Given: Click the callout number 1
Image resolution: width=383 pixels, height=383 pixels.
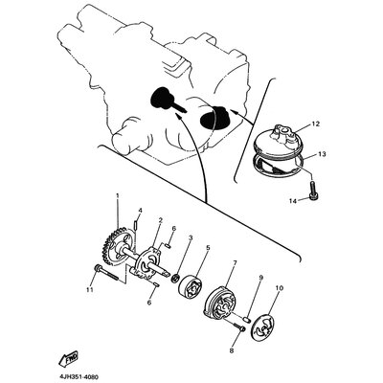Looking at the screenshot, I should pyautogui.click(x=117, y=195).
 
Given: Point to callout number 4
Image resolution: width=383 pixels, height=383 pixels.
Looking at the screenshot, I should pyautogui.click(x=139, y=210).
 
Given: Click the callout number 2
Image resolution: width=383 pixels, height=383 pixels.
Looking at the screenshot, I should pyautogui.click(x=160, y=219).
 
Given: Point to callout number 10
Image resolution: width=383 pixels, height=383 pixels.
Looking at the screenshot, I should pyautogui.click(x=279, y=287).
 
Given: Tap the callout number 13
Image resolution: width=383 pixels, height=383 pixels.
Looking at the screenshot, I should pyautogui.click(x=322, y=153).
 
